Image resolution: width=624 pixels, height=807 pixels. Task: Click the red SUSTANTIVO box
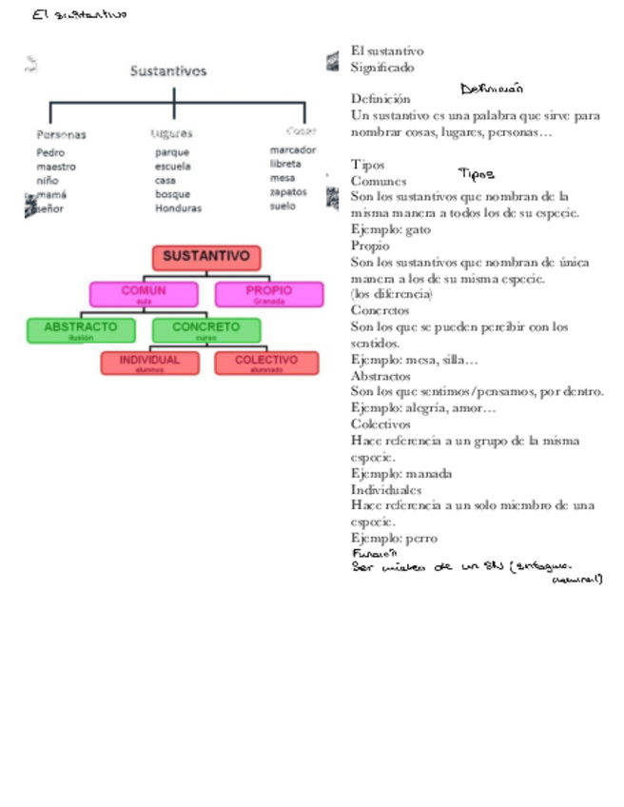[206, 257]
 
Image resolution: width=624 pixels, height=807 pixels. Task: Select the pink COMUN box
[144, 293]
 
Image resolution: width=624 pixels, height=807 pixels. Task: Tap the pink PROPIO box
[269, 293]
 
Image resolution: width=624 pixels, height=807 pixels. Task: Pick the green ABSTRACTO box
[81, 329]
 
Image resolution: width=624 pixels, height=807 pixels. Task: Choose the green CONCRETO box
[206, 329]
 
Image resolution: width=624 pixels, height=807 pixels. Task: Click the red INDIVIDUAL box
[149, 363]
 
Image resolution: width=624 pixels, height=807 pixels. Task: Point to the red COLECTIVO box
[266, 363]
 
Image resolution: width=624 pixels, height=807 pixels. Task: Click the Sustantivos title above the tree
[168, 70]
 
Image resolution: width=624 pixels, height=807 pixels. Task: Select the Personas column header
[61, 134]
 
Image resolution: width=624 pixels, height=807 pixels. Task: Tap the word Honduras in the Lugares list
[178, 208]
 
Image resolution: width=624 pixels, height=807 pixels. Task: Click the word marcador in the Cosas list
[293, 149]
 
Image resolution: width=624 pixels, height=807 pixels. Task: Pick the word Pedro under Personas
[50, 152]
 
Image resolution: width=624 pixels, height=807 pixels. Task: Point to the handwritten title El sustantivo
[79, 14]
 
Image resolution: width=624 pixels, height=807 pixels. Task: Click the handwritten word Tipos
[476, 174]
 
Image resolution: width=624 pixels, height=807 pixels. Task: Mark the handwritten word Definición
[492, 89]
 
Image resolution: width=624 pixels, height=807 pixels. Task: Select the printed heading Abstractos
[381, 375]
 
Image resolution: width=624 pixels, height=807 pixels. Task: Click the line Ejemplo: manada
[401, 473]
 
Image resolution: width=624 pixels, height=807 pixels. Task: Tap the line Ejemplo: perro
[394, 538]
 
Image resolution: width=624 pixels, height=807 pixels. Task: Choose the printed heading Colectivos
[380, 424]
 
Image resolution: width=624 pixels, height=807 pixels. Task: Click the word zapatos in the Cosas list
[288, 191]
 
